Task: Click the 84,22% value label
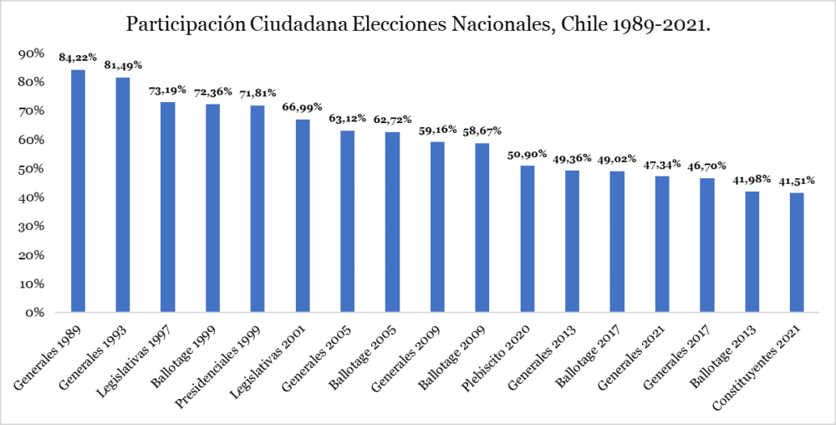[78, 58]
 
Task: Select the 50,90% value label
[528, 154]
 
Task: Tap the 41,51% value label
[798, 181]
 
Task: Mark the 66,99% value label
[303, 108]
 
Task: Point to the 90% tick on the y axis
[31, 54]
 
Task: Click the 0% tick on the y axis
[34, 313]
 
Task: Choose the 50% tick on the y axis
[31, 169]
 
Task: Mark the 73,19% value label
[167, 90]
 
